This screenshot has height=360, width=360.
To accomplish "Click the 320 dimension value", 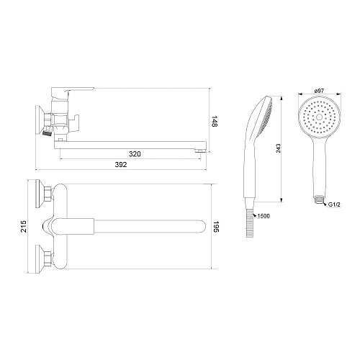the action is pos(135,154).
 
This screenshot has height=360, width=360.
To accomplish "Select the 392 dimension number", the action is pos(121,165).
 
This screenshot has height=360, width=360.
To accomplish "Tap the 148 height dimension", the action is pos(215,122).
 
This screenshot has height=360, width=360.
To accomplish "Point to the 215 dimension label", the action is pos(24,226).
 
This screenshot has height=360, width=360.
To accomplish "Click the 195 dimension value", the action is pos(216,227).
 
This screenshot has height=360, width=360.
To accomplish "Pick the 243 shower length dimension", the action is pos(278,148).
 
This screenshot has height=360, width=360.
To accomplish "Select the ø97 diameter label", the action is pos(319,91).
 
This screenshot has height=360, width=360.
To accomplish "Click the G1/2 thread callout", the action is pos(334,204).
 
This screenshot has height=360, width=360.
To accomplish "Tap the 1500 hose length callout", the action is pos(264,216).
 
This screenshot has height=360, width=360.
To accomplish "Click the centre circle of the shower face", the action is pos(320,117).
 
